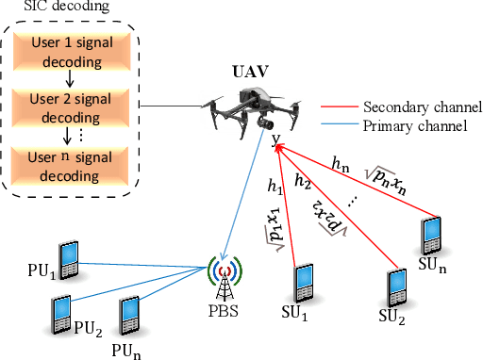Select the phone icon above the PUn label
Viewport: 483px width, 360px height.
click(x=131, y=313)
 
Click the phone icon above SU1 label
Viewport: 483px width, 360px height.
click(x=303, y=282)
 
